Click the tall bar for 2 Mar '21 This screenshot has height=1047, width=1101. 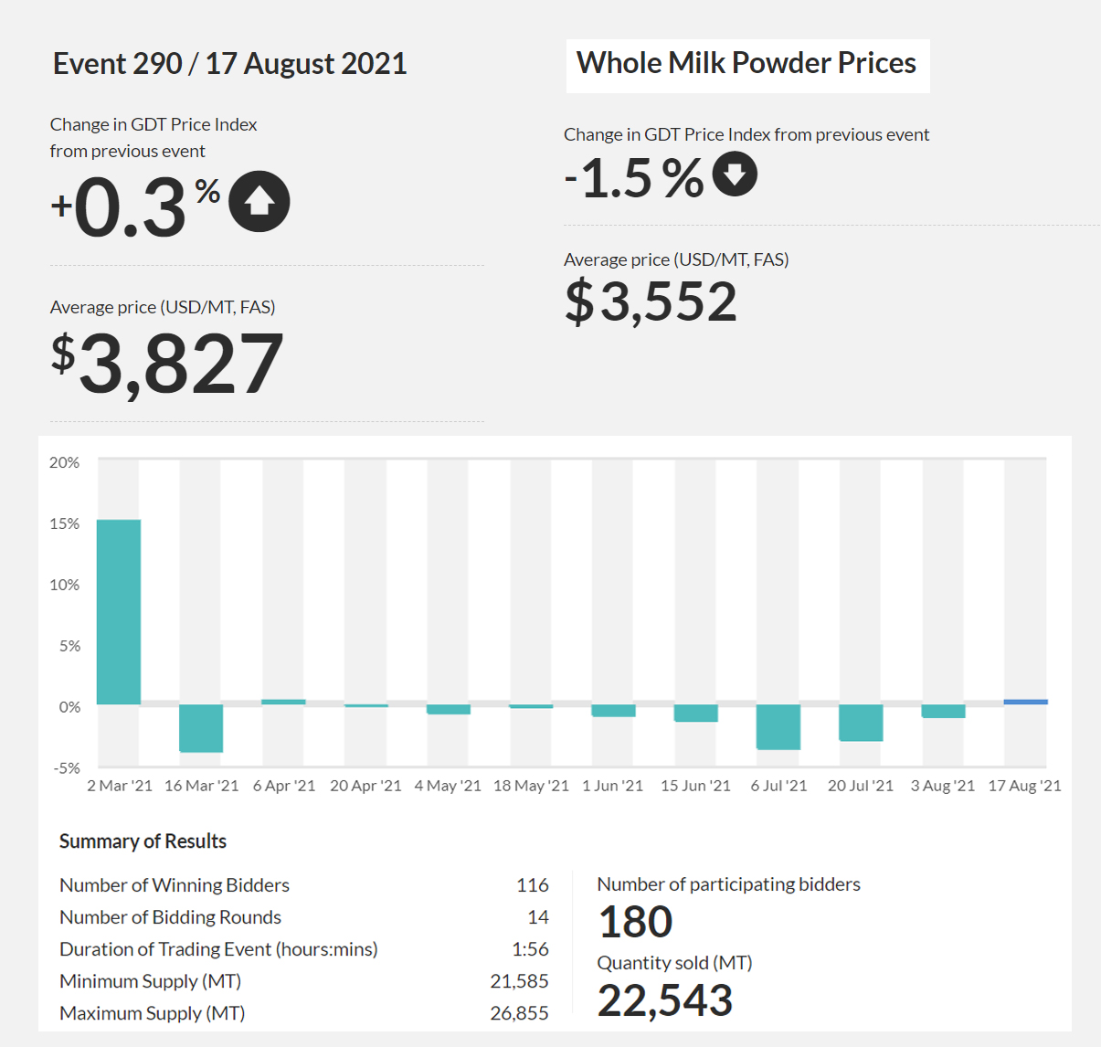point(119,612)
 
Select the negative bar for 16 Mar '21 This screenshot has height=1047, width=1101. point(201,728)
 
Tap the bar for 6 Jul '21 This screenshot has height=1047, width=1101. point(778,726)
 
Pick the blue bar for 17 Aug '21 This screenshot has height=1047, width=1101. point(1025,702)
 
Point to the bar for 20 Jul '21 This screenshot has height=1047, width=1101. point(861,723)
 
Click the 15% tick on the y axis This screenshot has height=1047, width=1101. point(64,523)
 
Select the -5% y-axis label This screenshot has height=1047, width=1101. point(67,768)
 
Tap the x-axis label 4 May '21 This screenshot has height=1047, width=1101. point(448,786)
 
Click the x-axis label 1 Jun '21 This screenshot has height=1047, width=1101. point(613,786)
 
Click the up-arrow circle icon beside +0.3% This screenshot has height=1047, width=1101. point(259,202)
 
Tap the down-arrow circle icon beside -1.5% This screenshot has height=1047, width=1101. point(735,174)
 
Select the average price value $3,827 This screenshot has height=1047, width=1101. point(167,364)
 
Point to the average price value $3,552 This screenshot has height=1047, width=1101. point(651,301)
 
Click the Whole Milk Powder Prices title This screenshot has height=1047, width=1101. point(746,63)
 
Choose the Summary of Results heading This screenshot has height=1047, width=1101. point(143,841)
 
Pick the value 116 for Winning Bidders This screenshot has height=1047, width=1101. point(533,885)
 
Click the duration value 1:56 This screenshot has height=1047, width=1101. point(530,949)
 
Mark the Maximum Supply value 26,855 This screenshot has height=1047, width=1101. point(519,1013)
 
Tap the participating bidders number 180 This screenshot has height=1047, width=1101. point(636,922)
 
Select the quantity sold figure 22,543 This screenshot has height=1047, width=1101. point(665,1001)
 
